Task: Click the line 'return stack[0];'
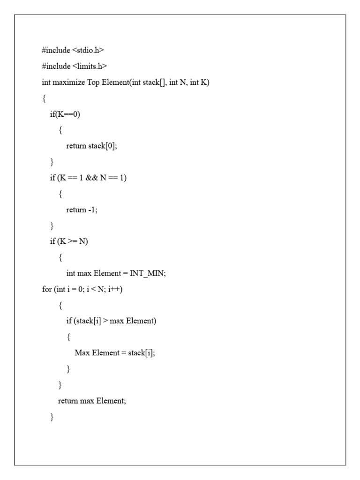[x=91, y=146]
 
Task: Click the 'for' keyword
[x=46, y=290]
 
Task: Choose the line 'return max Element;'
[x=92, y=401]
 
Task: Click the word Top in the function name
[x=93, y=82]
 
